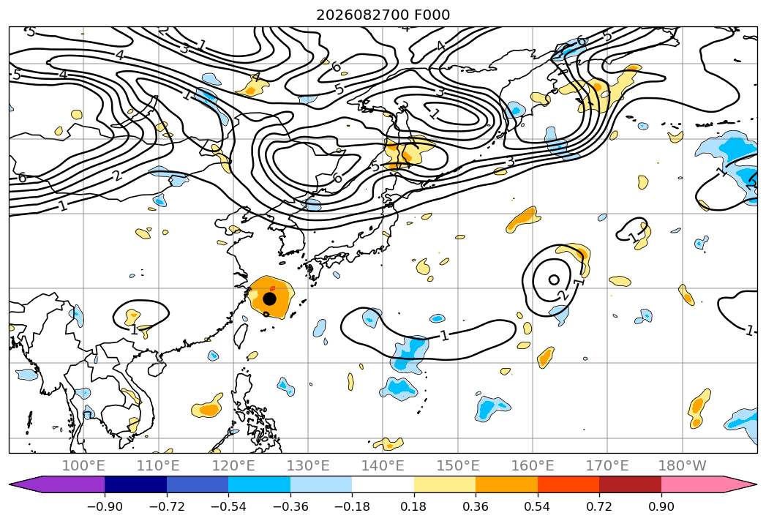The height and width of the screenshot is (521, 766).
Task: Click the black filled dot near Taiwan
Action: click(269, 298)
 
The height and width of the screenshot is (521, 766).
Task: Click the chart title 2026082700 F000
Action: click(383, 15)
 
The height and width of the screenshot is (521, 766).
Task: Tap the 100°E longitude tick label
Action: click(83, 465)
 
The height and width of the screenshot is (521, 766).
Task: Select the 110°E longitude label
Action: click(158, 465)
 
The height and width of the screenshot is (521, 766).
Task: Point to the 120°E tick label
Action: click(233, 465)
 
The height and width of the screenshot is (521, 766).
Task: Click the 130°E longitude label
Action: click(308, 465)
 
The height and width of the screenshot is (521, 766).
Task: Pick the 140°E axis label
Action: click(383, 465)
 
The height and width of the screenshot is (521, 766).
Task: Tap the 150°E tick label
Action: click(458, 465)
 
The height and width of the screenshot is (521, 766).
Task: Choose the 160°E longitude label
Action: click(533, 465)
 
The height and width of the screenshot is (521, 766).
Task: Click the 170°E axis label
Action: click(607, 465)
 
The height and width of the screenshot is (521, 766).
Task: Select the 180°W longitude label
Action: click(683, 465)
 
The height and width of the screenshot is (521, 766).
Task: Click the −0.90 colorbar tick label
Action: click(105, 506)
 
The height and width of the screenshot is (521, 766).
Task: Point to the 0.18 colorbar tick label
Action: click(414, 506)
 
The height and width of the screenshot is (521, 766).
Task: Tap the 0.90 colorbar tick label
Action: click(661, 506)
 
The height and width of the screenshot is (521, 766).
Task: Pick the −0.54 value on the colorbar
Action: click(228, 506)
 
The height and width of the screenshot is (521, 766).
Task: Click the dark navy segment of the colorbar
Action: click(135, 484)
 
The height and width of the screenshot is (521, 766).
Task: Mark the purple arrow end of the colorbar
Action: click(56, 484)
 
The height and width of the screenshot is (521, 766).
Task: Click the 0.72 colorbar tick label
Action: click(599, 506)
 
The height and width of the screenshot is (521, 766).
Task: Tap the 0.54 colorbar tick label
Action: click(538, 506)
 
